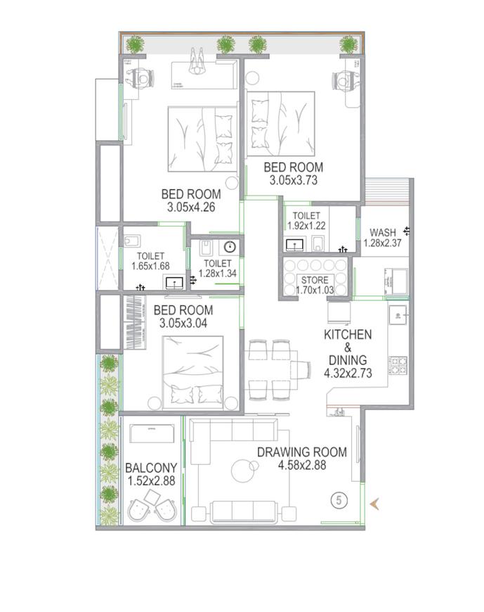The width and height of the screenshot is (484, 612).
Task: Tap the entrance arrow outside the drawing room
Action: (376, 502)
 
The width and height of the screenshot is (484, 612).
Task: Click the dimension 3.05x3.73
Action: (293, 181)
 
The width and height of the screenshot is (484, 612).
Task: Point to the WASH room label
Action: (382, 233)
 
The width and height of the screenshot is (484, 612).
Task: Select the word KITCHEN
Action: (347, 335)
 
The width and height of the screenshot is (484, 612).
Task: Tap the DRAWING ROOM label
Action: (301, 452)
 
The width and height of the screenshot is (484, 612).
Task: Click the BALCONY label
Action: (150, 468)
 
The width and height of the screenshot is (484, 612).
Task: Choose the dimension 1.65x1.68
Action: (151, 267)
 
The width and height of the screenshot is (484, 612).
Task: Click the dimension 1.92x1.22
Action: (307, 227)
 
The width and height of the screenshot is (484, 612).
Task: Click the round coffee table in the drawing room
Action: (246, 468)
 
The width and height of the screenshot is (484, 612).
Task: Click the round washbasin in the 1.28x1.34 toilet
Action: (229, 247)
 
